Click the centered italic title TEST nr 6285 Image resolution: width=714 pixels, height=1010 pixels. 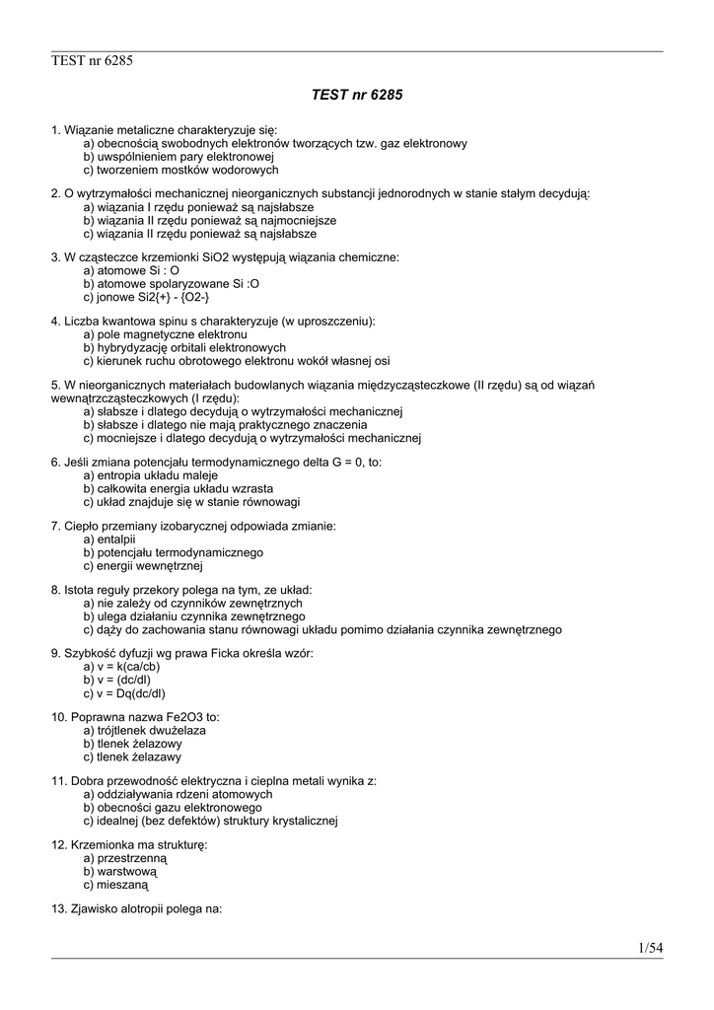[357, 96]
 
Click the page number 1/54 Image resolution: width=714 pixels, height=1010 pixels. [650, 948]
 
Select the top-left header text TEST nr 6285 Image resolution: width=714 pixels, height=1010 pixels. [92, 61]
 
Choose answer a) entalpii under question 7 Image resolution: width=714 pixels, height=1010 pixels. [109, 540]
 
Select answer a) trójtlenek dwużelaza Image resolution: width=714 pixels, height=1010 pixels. [145, 730]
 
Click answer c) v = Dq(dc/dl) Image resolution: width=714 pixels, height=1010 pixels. [124, 693]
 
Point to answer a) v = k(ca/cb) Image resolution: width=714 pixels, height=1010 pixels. [121, 666]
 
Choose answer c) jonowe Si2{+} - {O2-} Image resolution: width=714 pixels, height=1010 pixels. [146, 297]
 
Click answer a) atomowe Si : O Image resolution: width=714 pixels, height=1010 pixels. [131, 269]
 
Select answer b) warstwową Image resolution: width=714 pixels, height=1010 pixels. [120, 872]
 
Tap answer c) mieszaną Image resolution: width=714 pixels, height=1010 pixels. [115, 886]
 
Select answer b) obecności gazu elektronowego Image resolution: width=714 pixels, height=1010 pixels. [166, 807]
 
